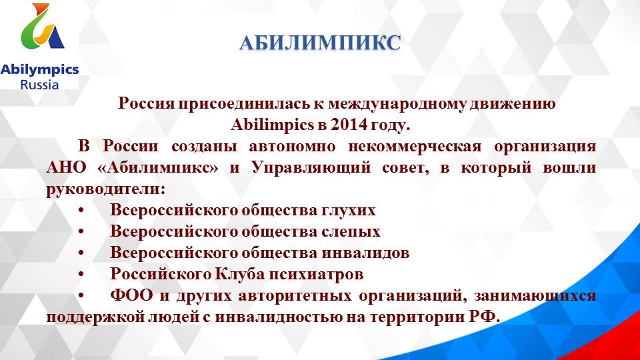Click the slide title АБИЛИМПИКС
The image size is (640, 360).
tap(320, 43)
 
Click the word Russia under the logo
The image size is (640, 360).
tap(39, 85)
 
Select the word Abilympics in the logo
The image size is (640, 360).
tap(39, 69)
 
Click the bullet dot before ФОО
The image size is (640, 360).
tap(81, 295)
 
